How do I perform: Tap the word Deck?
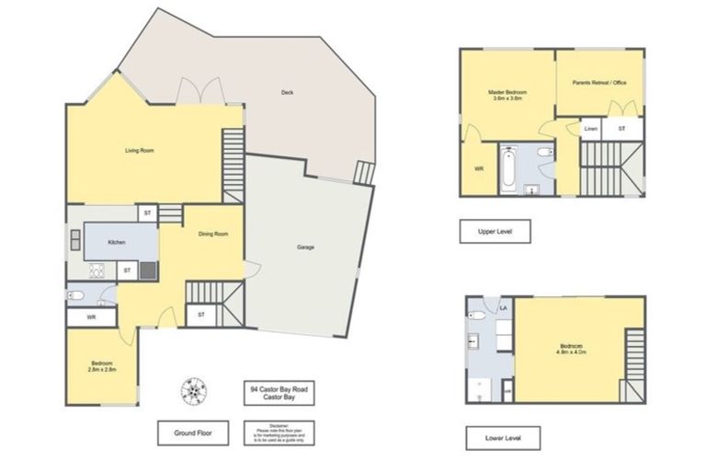coord(287,93)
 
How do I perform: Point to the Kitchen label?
coord(117,242)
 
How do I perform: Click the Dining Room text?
coord(213,234)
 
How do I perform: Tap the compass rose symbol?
coord(194,391)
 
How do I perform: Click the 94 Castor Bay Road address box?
coord(279,394)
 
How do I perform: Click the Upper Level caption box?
coord(495,231)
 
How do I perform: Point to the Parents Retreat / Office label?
coord(598,84)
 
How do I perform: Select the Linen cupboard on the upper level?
coord(590,130)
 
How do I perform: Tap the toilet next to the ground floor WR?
coord(78,296)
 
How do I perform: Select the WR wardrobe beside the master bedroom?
coord(478,169)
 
